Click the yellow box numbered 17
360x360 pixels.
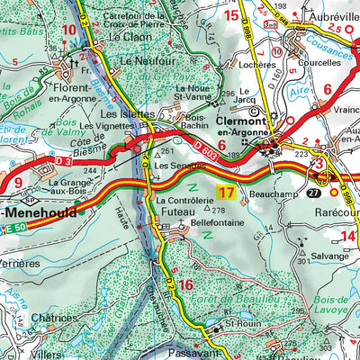[227, 192]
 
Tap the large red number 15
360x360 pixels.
[232, 14]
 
